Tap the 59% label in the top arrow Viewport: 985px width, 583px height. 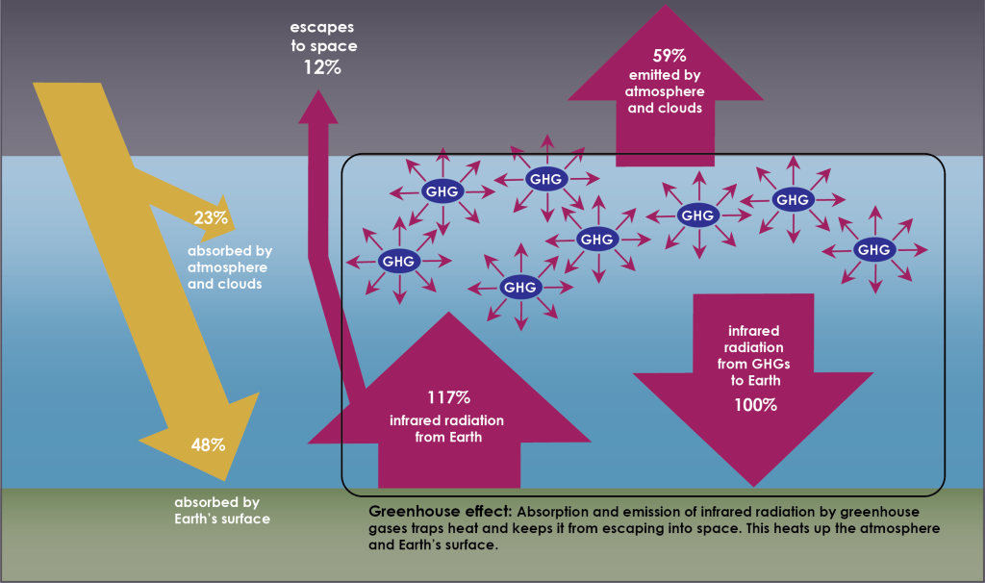point(665,56)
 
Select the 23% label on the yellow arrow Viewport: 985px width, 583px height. point(211,218)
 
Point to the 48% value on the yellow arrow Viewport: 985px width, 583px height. point(208,444)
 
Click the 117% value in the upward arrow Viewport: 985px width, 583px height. point(448,397)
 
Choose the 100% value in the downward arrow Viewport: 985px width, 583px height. point(755,404)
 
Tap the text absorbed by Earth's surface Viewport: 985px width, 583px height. point(222,510)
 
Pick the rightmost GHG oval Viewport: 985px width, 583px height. point(873,250)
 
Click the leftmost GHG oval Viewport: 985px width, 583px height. point(398,261)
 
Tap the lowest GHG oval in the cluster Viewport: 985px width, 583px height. point(519,287)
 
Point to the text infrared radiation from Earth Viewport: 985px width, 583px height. point(446,429)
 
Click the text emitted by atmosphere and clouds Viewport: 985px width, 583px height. point(665,92)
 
